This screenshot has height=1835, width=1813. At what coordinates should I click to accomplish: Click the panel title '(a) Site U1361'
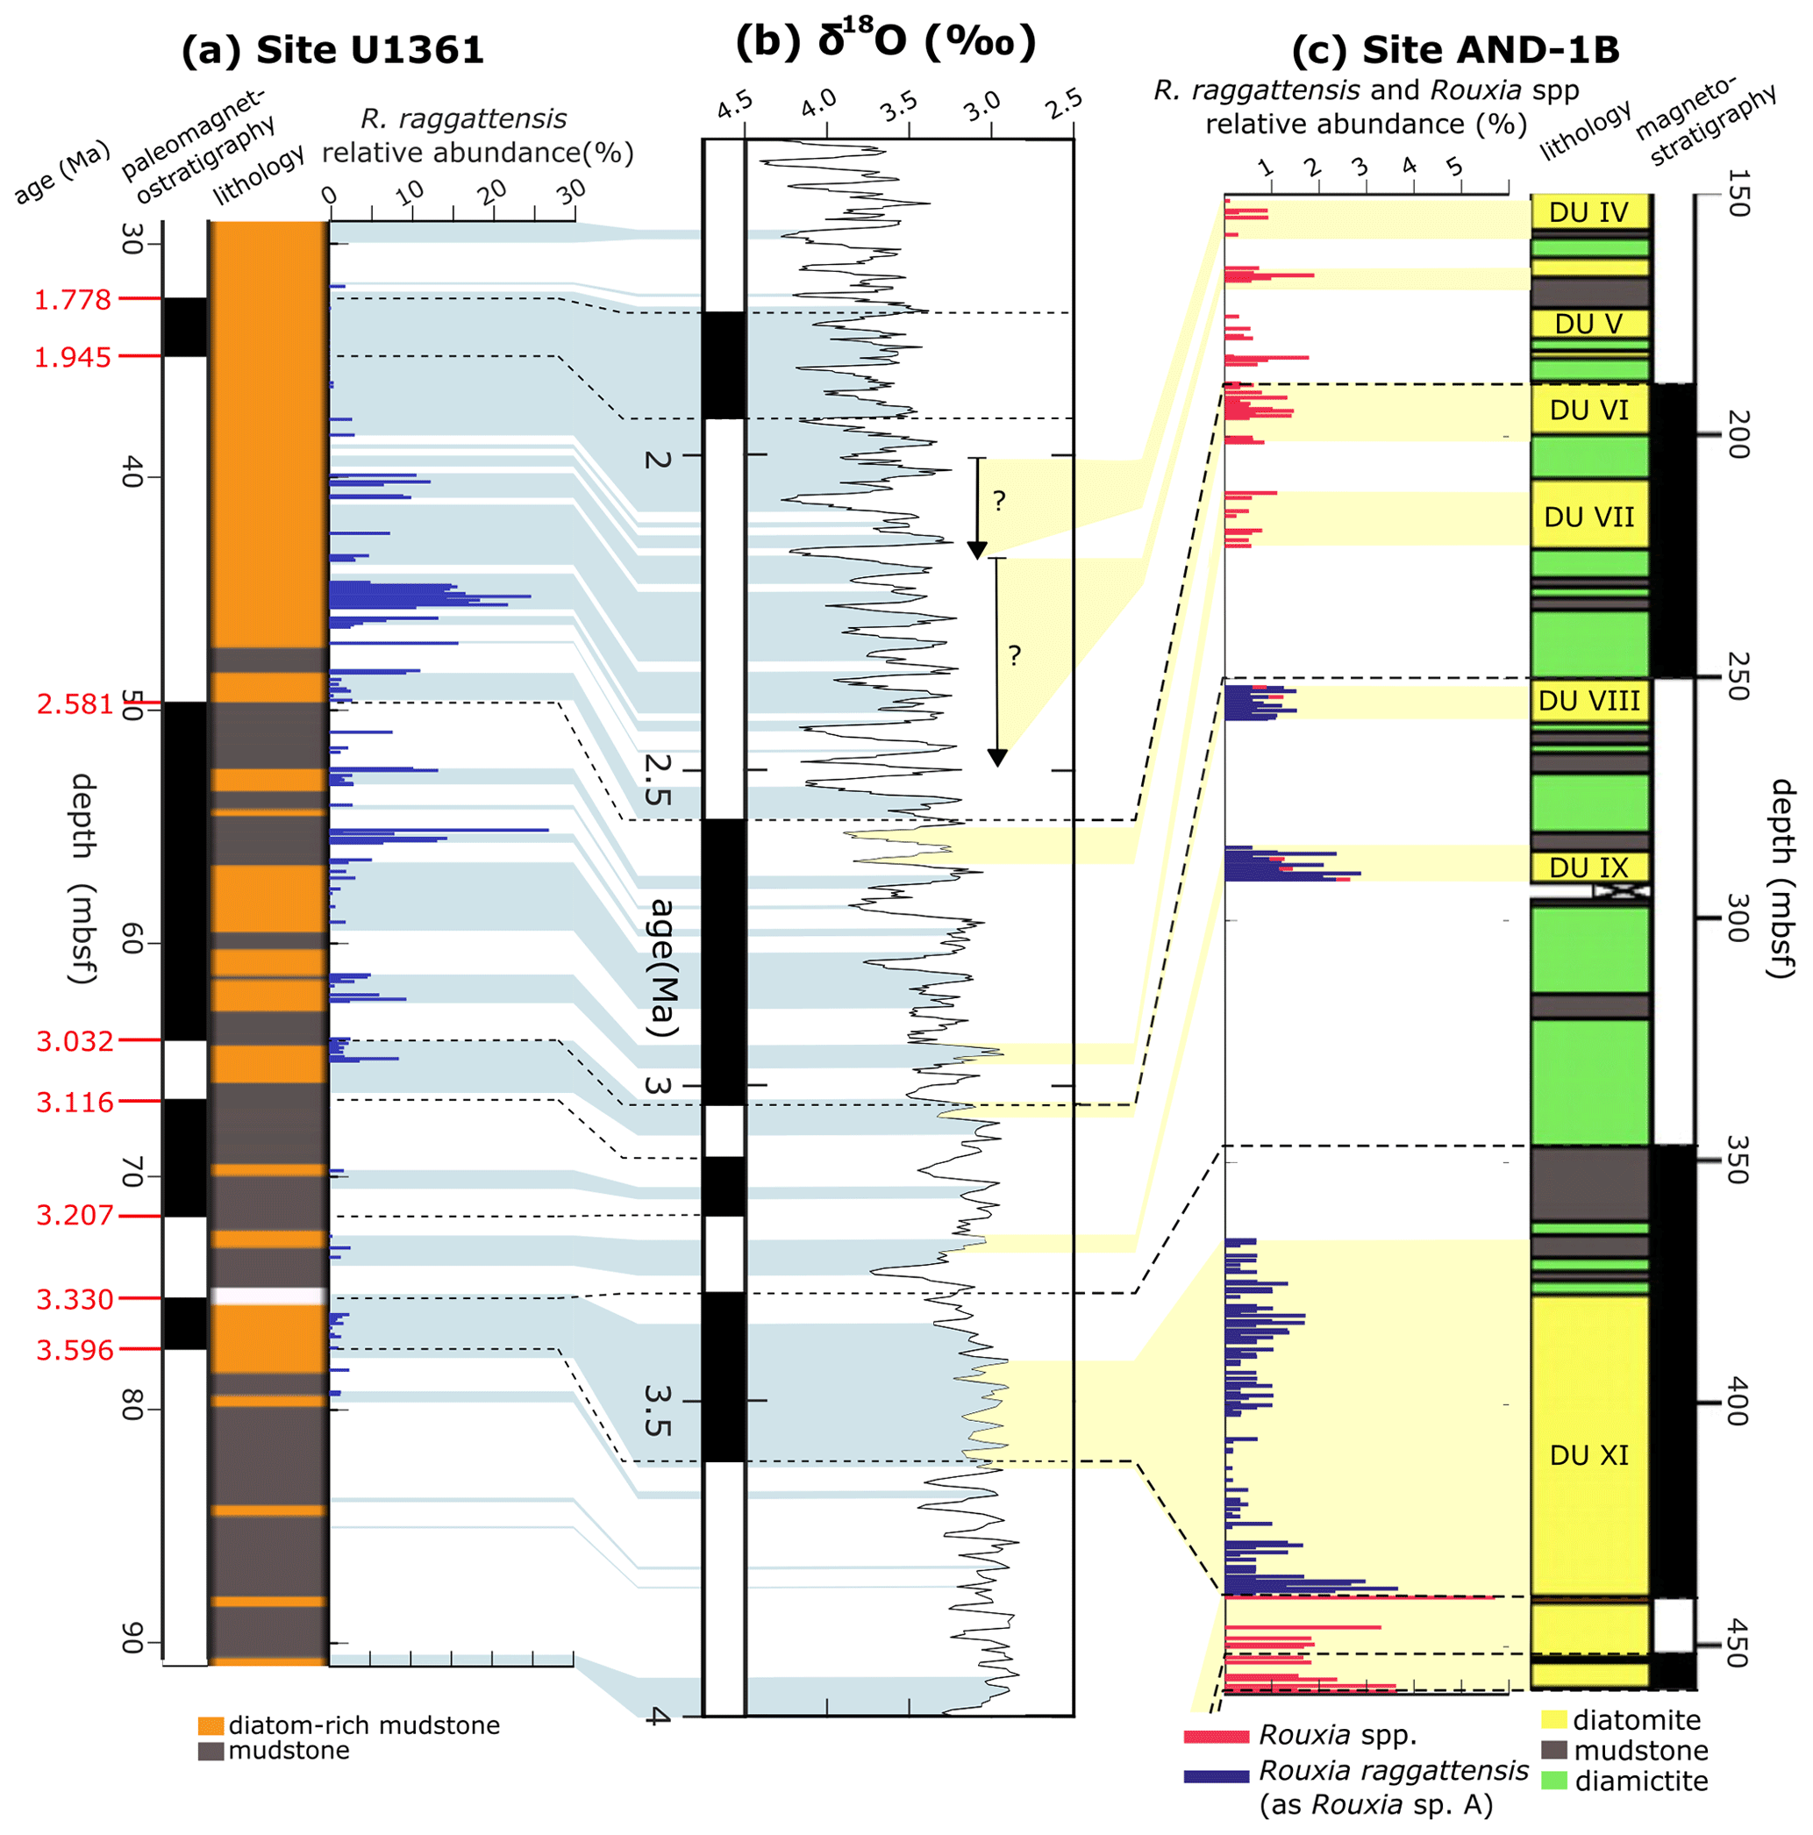pos(332,50)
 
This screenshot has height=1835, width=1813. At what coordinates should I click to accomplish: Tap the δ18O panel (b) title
pos(885,43)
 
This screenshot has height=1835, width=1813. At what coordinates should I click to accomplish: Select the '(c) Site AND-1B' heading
pos(1455,50)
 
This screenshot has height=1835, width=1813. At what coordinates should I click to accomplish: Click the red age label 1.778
pos(73,300)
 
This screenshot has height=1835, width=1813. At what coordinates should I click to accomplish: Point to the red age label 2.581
pos(75,703)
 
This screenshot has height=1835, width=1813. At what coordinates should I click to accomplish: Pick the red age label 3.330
pos(75,1298)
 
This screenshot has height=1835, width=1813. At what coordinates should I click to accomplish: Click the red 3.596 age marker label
pos(75,1350)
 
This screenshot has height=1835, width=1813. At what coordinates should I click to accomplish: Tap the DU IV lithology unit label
pos(1588,213)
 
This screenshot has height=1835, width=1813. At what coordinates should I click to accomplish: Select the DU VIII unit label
pos(1588,701)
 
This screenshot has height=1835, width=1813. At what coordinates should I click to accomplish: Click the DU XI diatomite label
pos(1588,1455)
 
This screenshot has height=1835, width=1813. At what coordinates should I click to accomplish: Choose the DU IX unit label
pos(1588,868)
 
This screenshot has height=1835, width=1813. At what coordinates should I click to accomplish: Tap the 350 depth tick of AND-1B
pos(1737,1159)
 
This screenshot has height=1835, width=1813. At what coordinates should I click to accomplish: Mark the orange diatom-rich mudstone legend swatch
pos(211,1725)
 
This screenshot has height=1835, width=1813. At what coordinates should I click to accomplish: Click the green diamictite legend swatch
pos(1552,1781)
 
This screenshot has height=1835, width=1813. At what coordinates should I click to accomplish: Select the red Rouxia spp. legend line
pos(1216,1737)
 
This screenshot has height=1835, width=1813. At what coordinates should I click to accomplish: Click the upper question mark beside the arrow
pos(999,501)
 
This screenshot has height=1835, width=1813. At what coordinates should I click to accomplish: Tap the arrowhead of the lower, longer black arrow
pos(996,757)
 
